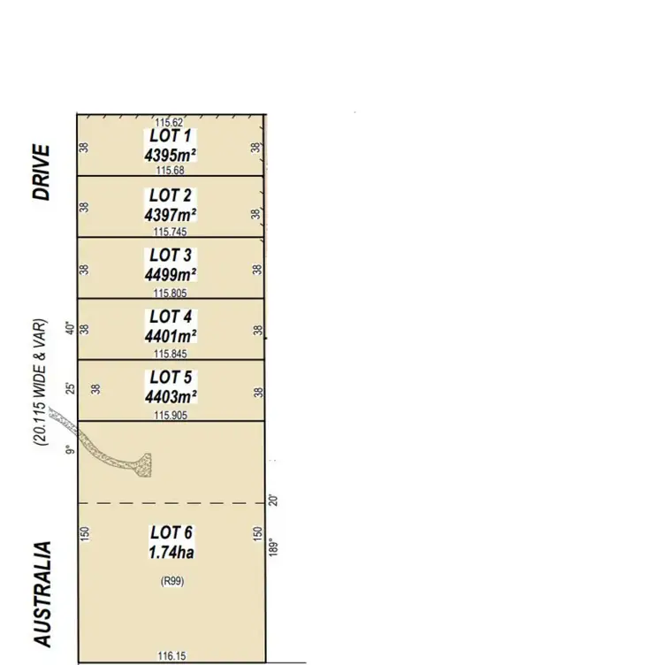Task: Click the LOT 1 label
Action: (171, 136)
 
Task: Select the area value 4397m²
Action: (171, 214)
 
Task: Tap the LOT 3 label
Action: (171, 256)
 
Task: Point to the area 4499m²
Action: (171, 274)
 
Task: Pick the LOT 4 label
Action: (171, 317)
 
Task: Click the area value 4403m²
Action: (171, 396)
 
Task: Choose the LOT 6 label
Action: (171, 532)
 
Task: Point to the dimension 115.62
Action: (169, 122)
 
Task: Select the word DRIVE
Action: (42, 172)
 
